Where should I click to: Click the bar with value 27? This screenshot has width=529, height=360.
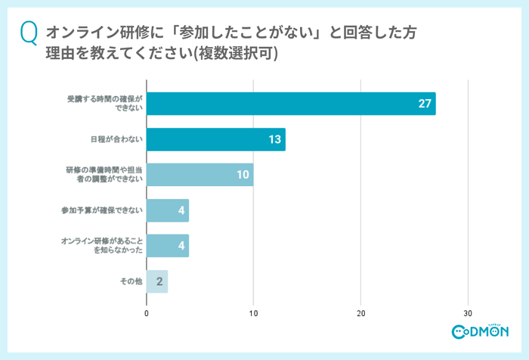pos(291,104)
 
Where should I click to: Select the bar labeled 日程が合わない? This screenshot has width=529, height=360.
pos(215,139)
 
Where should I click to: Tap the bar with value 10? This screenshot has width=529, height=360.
pos(200,175)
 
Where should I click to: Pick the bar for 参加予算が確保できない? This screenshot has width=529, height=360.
pos(167,210)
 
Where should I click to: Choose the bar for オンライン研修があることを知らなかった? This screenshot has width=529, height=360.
pos(167,246)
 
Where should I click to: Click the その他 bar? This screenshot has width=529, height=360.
pos(156,281)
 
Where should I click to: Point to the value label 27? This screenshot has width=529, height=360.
pos(424,104)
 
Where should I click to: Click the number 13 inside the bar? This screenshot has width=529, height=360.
pos(274,139)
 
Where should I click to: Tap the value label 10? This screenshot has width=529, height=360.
pos(243,175)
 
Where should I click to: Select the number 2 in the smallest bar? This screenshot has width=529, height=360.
pos(159,281)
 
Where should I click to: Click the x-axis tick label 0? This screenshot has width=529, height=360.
pos(147,313)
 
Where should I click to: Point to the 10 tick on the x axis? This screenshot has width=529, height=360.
pos(254,313)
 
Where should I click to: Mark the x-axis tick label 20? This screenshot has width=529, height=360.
pos(361,313)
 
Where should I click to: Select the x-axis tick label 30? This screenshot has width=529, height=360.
pos(469,313)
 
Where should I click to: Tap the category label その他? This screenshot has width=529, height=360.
pos(131,281)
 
